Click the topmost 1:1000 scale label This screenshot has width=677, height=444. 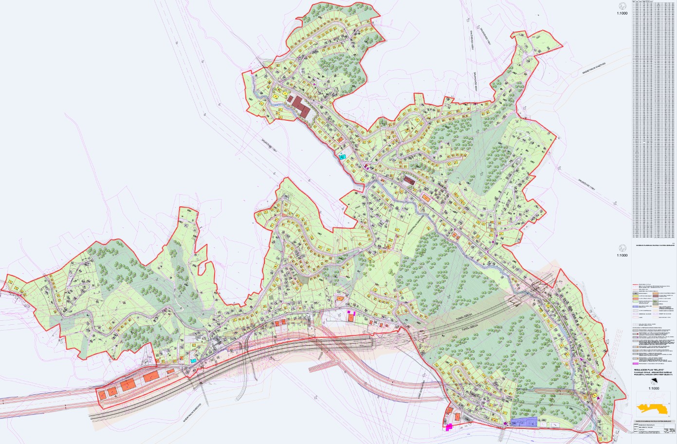(622, 14)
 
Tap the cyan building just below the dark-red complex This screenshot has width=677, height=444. (343, 157)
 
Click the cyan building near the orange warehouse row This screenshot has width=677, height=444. (194, 361)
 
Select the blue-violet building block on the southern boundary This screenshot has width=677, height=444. (523, 422)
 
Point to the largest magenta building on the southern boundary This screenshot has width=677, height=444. (449, 427)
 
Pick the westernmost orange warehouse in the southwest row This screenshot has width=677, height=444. (102, 394)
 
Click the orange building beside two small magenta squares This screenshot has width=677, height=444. (351, 317)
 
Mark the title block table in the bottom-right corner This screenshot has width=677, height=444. (653, 427)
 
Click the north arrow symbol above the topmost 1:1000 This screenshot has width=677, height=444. (622, 5)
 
